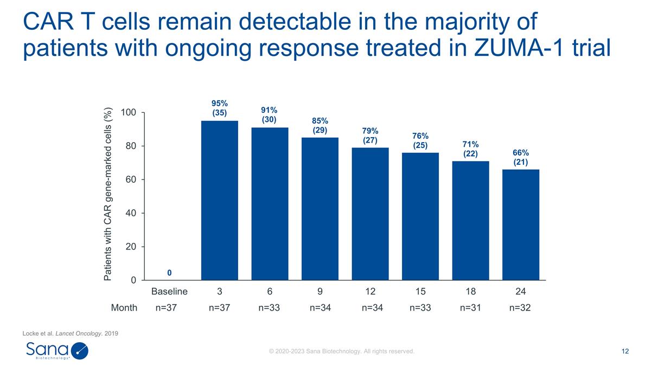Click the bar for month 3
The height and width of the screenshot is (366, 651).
[x=219, y=200]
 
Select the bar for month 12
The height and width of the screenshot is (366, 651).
[x=370, y=214]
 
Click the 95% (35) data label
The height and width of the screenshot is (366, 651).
[x=219, y=108]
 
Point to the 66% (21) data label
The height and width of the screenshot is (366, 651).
[x=521, y=157]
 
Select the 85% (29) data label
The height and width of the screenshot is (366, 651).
[x=320, y=125]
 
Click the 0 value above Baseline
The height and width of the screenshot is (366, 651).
[x=169, y=272]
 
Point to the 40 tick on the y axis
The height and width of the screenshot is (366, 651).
[x=130, y=213]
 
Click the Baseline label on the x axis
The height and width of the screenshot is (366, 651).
[x=169, y=292]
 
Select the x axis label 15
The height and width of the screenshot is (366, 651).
[x=420, y=292]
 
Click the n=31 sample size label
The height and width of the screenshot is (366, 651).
[x=470, y=308]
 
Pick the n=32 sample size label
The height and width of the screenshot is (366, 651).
[x=520, y=308]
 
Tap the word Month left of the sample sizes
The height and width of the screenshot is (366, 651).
[x=124, y=308]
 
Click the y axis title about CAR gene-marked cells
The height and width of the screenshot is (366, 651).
[x=107, y=194]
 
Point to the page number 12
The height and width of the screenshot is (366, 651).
[x=625, y=351]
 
